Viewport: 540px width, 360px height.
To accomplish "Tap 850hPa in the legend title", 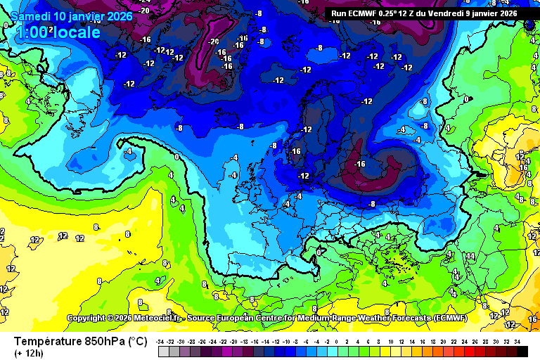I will tap(105, 341).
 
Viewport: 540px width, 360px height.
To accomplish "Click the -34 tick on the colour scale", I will tap(161, 341).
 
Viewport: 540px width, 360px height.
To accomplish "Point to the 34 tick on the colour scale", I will tap(517, 341).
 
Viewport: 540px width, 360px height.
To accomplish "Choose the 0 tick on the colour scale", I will tap(339, 341).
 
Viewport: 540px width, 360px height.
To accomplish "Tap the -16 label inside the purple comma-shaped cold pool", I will tap(360, 164).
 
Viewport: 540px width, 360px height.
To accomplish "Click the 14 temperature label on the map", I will tap(470, 256).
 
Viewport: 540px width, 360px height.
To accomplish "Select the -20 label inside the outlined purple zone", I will tap(214, 41).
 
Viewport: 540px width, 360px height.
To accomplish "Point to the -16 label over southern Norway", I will tap(295, 151).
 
